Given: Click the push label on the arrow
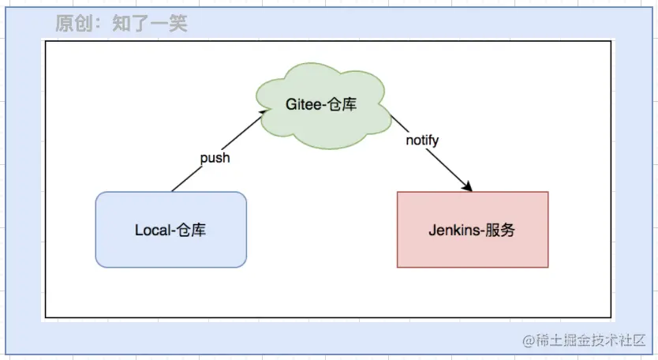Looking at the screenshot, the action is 215,159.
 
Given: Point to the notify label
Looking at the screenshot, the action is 422,140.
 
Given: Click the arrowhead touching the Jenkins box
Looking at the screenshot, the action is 467,186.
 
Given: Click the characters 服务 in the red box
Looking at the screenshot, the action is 500,230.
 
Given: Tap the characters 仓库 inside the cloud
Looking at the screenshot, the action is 342,104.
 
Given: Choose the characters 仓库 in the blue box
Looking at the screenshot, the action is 192,230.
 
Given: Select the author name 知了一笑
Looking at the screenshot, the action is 150,23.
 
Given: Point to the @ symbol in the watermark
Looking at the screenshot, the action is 529,340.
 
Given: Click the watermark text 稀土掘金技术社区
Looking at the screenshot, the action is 591,340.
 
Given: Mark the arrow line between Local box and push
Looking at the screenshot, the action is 187,179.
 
